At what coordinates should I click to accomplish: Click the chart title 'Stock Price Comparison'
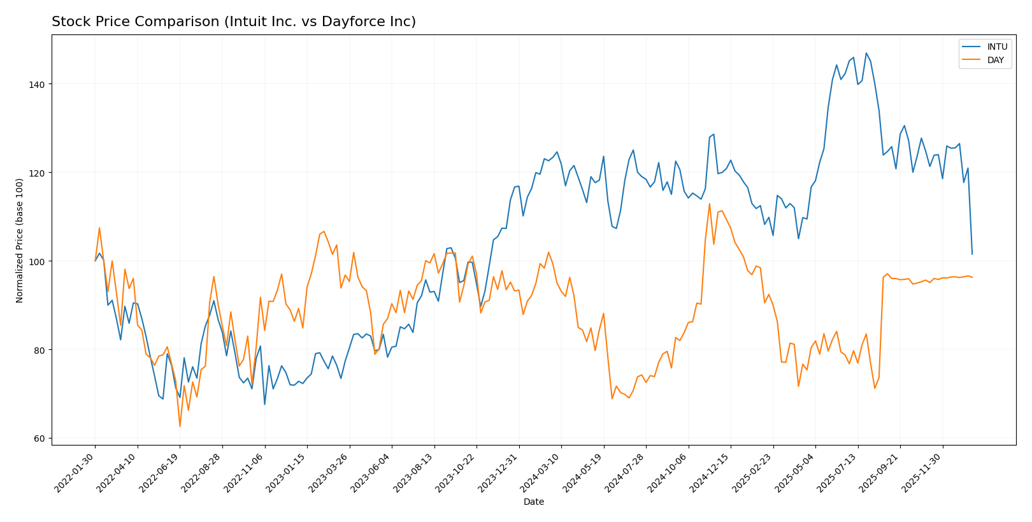pyautogui.click(x=233, y=22)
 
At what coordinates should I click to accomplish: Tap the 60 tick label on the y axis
pyautogui.click(x=41, y=439)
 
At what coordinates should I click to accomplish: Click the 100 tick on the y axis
pyautogui.click(x=39, y=261)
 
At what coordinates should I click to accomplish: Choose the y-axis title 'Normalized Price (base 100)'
pyautogui.click(x=20, y=240)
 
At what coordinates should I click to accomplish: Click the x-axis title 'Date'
pyautogui.click(x=533, y=502)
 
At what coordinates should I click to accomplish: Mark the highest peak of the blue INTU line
pyautogui.click(x=866, y=53)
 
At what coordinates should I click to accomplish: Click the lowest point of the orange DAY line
pyautogui.click(x=180, y=426)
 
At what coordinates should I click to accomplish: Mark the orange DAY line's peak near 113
pyautogui.click(x=709, y=204)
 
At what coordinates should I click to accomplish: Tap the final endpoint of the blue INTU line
pyautogui.click(x=972, y=254)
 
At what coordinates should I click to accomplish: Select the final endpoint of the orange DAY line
pyautogui.click(x=972, y=277)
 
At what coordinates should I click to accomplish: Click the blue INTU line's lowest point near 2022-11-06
pyautogui.click(x=264, y=404)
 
